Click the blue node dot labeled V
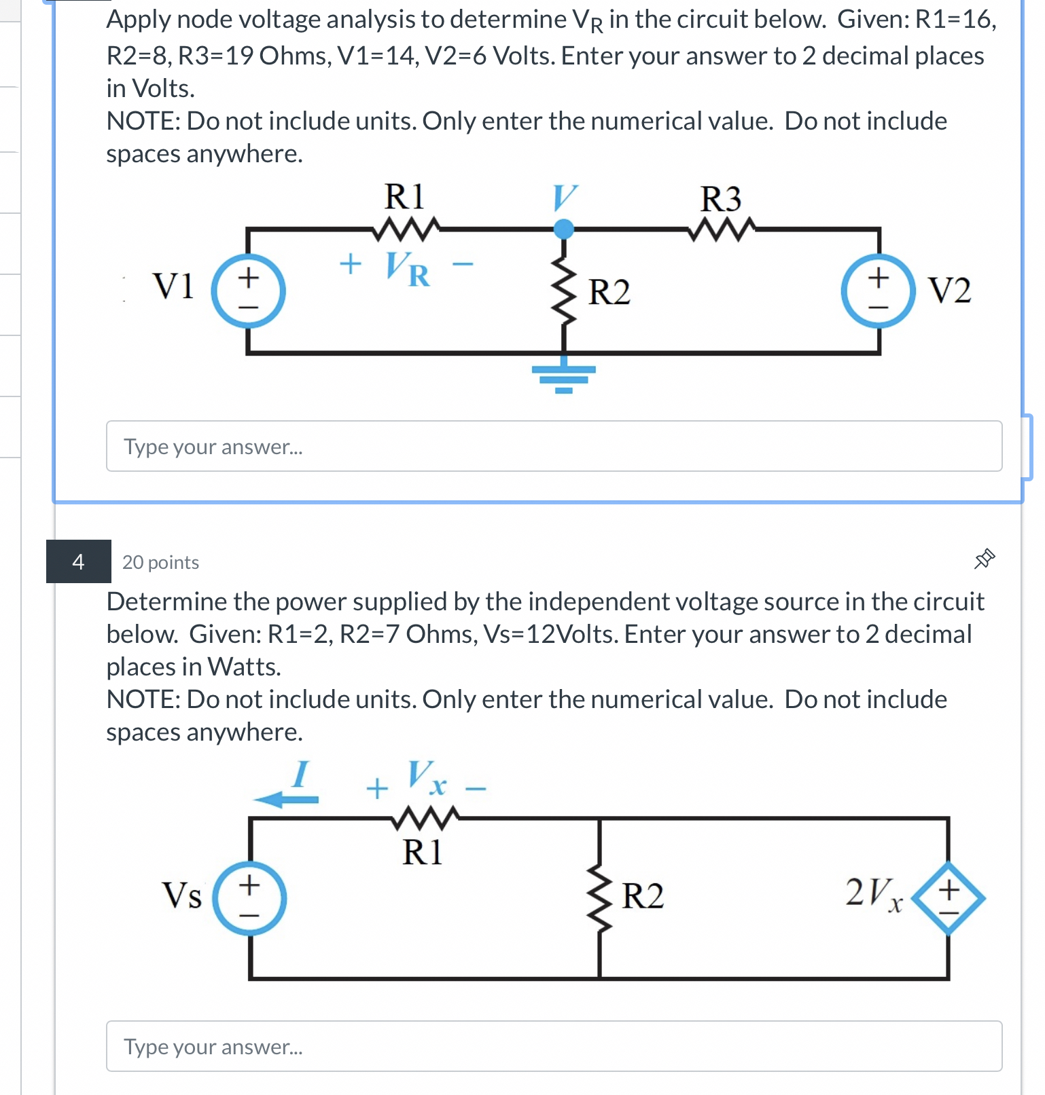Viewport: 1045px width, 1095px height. (x=563, y=229)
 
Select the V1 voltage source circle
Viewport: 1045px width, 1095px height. (x=248, y=291)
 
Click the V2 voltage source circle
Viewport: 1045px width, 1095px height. (x=878, y=291)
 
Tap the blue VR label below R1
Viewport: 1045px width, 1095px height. (x=408, y=269)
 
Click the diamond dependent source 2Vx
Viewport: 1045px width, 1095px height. (x=948, y=898)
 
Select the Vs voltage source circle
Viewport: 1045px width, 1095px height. (x=249, y=898)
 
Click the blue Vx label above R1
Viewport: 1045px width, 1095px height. (x=427, y=778)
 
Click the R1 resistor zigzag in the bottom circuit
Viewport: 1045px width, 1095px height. (x=425, y=818)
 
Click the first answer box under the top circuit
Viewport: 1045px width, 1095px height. (x=554, y=446)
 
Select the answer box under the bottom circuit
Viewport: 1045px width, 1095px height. (x=554, y=1046)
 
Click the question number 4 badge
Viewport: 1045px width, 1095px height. (x=79, y=561)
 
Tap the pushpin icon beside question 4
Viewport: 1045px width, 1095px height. (x=984, y=559)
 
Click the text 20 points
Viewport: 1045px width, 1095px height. (x=160, y=563)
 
